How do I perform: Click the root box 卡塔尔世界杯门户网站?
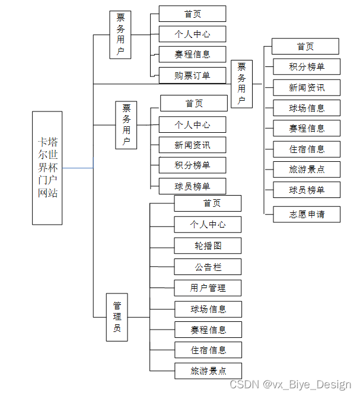pos(47,168)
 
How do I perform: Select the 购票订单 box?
pos(192,75)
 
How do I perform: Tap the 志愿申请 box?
pos(307,214)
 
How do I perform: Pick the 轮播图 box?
pos(208,245)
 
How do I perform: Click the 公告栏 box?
pos(208,267)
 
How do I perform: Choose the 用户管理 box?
pos(208,288)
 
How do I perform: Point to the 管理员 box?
pos(117,317)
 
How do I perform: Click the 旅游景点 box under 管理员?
pos(208,371)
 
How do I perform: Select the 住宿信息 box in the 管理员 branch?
pos(208,350)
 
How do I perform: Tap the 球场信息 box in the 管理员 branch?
pos(208,309)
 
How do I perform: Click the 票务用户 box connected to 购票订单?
pos(120,34)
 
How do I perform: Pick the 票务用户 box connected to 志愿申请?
pos(241,84)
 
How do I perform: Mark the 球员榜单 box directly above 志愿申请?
pos(307,190)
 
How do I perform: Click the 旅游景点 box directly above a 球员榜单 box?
pos(307,169)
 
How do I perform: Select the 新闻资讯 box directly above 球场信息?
pos(307,87)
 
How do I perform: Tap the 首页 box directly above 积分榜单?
pos(305,46)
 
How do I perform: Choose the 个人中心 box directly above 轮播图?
pos(208,224)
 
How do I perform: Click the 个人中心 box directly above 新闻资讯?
pos(192,124)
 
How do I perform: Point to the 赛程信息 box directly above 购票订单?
pos(192,54)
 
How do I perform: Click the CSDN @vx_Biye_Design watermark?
pos(290,384)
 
